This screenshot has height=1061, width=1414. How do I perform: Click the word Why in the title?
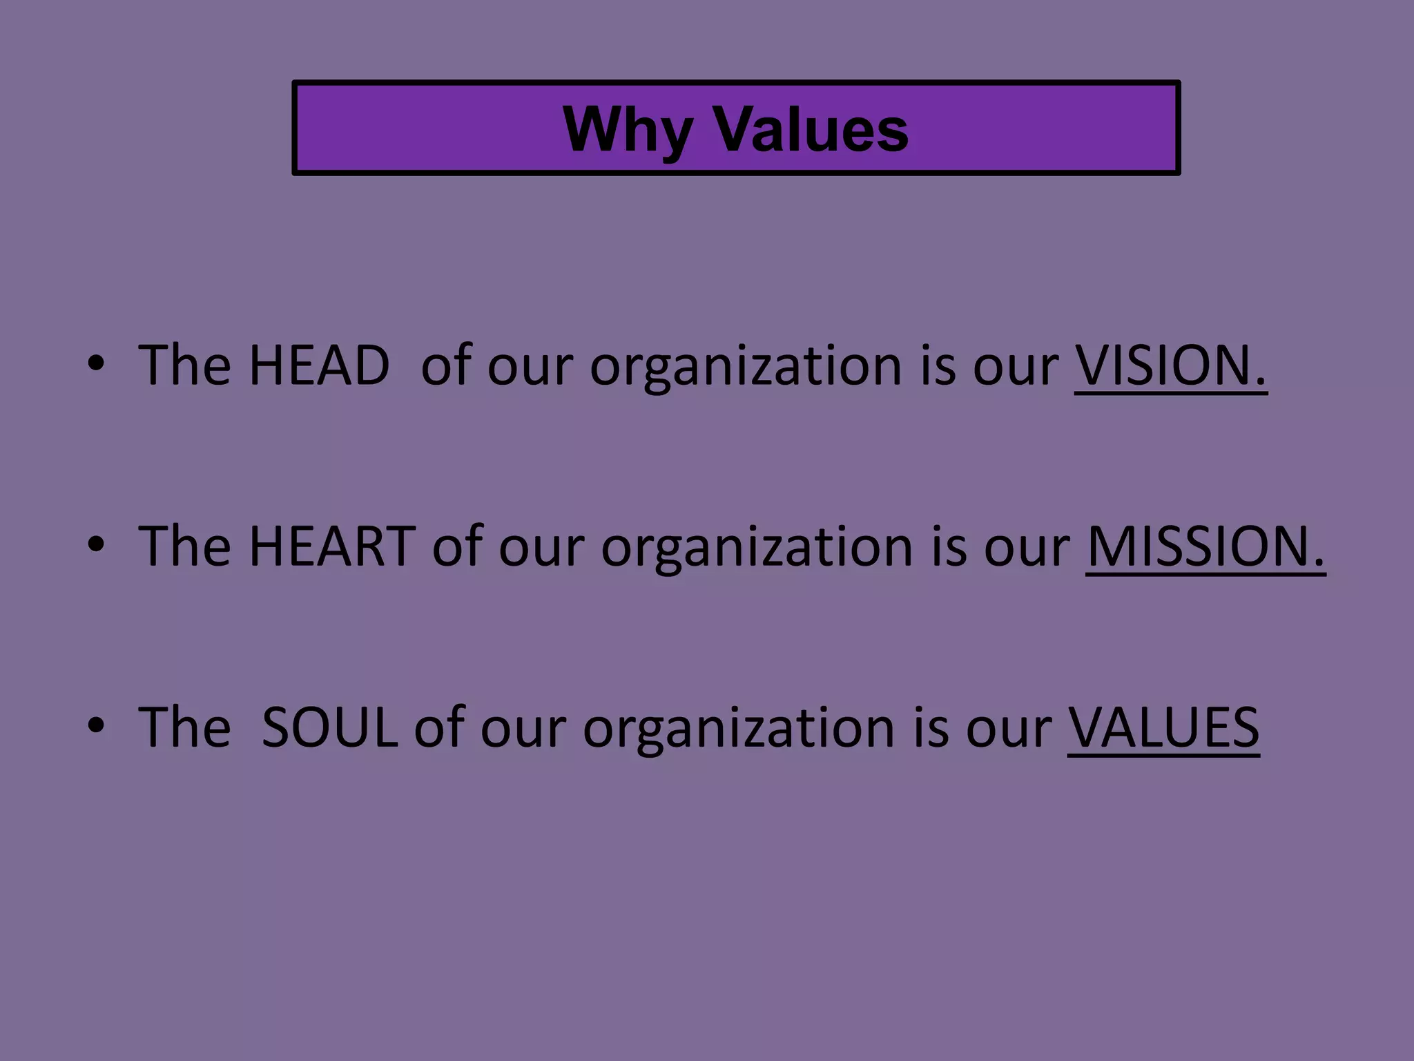[x=627, y=130]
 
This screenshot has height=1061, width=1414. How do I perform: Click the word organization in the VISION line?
[x=746, y=366]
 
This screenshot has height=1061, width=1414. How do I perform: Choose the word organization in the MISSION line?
[x=757, y=547]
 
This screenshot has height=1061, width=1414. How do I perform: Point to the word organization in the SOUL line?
[x=739, y=728]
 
